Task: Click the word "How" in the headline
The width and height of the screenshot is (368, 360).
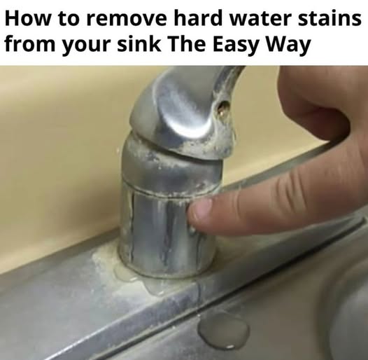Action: tap(27, 18)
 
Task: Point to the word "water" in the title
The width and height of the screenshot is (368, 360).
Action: tap(260, 19)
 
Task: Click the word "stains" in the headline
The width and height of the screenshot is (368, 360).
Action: tap(330, 18)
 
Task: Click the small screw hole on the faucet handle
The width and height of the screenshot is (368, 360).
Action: tap(223, 108)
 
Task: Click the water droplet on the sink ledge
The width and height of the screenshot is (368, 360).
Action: tap(223, 330)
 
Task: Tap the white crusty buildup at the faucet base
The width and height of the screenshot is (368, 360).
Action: tap(111, 265)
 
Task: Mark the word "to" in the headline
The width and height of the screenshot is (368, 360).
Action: tap(68, 20)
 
